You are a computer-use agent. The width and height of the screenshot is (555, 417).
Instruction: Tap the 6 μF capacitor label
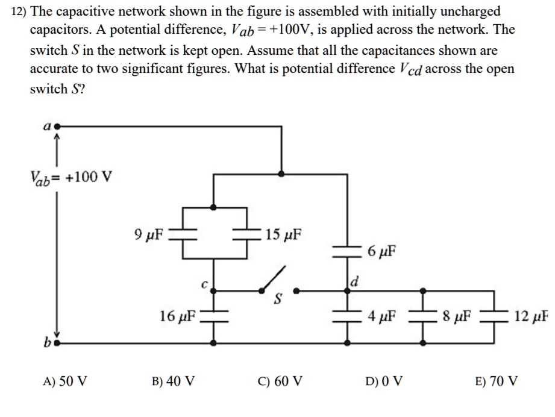pyautogui.click(x=381, y=250)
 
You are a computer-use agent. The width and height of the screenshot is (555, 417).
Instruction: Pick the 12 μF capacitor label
pyautogui.click(x=531, y=315)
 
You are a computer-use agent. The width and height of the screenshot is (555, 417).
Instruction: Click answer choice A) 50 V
pyautogui.click(x=65, y=381)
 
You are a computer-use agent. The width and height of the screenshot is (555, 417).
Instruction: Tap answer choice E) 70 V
pyautogui.click(x=496, y=381)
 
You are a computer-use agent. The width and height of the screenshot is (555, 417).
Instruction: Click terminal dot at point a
pyautogui.click(x=56, y=127)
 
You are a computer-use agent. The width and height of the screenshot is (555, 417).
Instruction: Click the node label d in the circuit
pyautogui.click(x=354, y=281)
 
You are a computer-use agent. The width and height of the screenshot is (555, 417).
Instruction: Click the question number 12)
pyautogui.click(x=20, y=11)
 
